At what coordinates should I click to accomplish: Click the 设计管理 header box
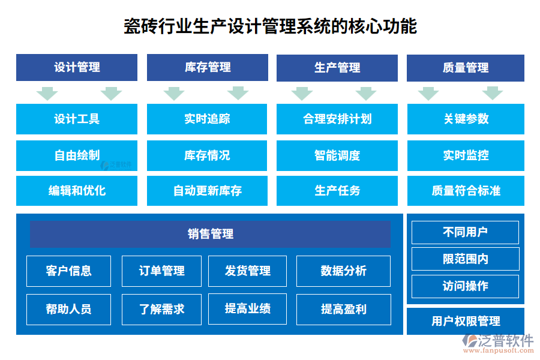(77, 68)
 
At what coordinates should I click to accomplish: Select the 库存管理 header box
(208, 68)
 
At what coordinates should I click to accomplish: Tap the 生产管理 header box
(337, 68)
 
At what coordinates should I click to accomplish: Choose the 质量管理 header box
(466, 68)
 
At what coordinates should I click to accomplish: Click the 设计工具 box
(77, 119)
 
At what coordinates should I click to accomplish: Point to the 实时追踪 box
(208, 119)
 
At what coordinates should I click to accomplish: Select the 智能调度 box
(337, 155)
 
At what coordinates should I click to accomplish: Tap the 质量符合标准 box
(466, 191)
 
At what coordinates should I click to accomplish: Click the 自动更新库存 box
(208, 191)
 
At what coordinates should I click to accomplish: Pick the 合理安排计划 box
(337, 119)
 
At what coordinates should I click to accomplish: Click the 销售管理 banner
(210, 234)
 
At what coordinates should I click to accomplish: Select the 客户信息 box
(69, 271)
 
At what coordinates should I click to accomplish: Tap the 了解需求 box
(161, 309)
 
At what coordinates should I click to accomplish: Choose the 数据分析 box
(343, 271)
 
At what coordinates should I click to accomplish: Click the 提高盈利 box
(343, 309)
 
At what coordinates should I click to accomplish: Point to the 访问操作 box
(465, 286)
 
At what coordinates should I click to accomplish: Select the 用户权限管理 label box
(466, 321)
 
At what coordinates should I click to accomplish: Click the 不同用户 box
(465, 232)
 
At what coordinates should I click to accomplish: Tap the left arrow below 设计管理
(47, 94)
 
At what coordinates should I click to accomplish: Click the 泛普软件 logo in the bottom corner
(498, 343)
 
